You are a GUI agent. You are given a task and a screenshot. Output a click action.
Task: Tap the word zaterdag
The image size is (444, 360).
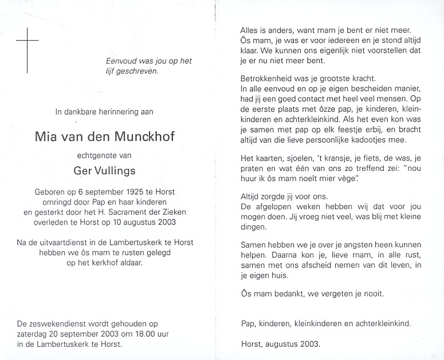pos(33,334)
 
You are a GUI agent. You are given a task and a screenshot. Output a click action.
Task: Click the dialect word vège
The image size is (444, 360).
pos(354,178)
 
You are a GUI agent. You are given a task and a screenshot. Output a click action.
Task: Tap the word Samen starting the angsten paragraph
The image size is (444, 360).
pos(253,244)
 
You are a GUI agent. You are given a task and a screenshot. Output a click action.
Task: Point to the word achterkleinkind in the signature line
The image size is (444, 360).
pos(382,323)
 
